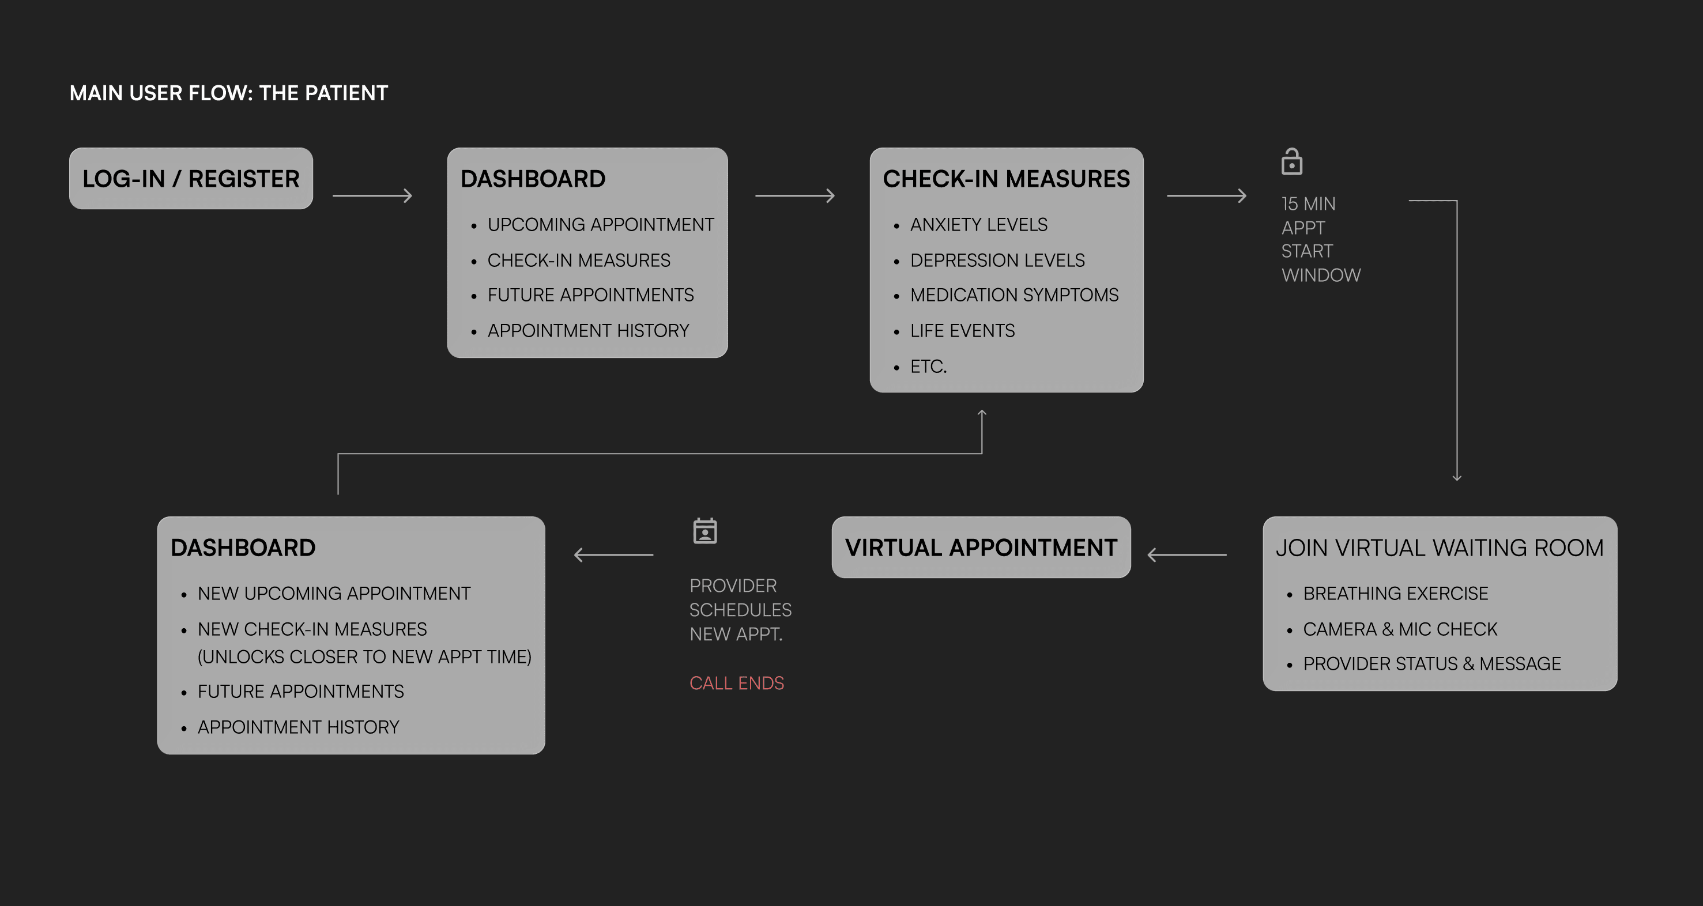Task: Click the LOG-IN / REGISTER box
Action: pyautogui.click(x=190, y=179)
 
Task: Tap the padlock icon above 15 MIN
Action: pyautogui.click(x=1291, y=162)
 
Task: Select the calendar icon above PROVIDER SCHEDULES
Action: pyautogui.click(x=704, y=531)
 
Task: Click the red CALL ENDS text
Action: pyautogui.click(x=736, y=682)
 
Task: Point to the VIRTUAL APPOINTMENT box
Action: pyautogui.click(x=981, y=547)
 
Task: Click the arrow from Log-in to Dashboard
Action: pyautogui.click(x=372, y=195)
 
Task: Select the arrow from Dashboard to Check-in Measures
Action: pyautogui.click(x=794, y=195)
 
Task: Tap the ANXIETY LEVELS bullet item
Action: pyautogui.click(x=978, y=225)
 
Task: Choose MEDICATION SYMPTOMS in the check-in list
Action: pyautogui.click(x=1014, y=295)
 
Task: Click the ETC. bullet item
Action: pyautogui.click(x=928, y=366)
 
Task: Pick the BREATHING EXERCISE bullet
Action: pyautogui.click(x=1395, y=594)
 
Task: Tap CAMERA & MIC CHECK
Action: pyautogui.click(x=1400, y=629)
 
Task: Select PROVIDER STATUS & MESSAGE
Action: pyautogui.click(x=1431, y=663)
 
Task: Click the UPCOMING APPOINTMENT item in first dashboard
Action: pyautogui.click(x=600, y=225)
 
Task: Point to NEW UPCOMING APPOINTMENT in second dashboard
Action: pyautogui.click(x=334, y=594)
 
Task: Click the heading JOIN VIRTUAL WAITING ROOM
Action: pyautogui.click(x=1439, y=548)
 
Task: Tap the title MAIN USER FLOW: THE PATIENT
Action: pyautogui.click(x=229, y=93)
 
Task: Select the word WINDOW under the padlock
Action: pyautogui.click(x=1321, y=275)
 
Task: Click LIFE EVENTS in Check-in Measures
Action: pyautogui.click(x=962, y=330)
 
